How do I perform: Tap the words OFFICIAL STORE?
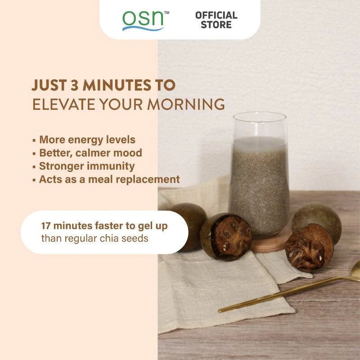click(216, 20)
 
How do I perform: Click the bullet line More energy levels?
click(87, 139)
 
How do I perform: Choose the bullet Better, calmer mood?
click(90, 153)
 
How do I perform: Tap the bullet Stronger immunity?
click(86, 166)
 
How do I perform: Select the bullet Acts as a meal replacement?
click(109, 179)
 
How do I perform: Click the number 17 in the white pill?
click(47, 225)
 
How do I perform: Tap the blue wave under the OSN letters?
click(143, 28)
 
